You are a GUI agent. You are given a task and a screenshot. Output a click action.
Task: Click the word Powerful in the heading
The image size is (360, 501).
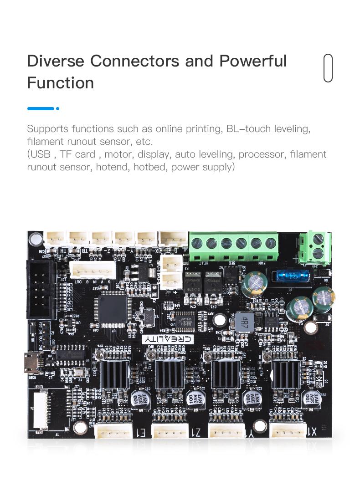(x=252, y=61)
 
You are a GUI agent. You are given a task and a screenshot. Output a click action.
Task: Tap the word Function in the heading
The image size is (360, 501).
(x=60, y=83)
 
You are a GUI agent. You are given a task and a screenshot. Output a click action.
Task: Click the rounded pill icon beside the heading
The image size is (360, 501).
(x=328, y=68)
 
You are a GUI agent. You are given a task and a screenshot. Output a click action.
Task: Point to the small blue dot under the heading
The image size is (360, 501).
(x=58, y=108)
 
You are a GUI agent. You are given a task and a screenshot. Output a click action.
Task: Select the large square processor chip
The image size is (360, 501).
(x=113, y=309)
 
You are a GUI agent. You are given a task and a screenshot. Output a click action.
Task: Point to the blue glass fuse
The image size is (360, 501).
(x=290, y=276)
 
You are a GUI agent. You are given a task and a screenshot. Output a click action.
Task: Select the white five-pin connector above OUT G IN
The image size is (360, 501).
(x=94, y=271)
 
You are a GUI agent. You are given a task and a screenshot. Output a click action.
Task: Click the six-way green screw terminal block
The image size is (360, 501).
(x=234, y=243)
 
